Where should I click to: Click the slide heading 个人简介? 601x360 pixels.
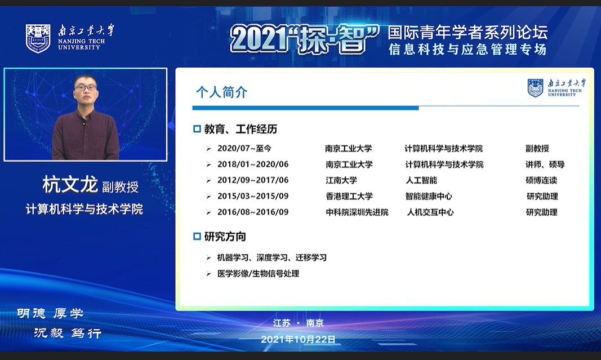point(221,92)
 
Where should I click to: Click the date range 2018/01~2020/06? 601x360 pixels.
point(253,165)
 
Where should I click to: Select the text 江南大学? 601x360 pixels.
point(341,180)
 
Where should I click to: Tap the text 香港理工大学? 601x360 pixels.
point(349,196)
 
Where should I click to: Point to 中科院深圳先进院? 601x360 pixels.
point(357,212)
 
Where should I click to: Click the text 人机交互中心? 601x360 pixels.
point(430,212)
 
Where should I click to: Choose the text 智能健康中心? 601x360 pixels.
point(429,196)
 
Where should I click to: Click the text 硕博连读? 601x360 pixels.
point(541,180)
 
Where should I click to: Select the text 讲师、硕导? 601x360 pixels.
point(545,165)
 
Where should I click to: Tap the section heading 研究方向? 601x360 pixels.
point(225,237)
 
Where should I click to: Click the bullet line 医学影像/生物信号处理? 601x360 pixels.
point(259,274)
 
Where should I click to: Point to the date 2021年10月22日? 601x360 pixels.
point(298,339)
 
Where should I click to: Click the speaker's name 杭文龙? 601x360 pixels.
point(70,185)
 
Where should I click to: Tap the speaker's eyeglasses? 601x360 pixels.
point(86,88)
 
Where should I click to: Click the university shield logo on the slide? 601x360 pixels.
point(536,88)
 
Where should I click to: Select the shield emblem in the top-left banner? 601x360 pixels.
point(38,38)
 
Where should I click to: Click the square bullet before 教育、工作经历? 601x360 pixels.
point(197,129)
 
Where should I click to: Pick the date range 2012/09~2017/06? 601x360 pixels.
point(253,180)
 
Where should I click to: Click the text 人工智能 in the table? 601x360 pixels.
point(421,180)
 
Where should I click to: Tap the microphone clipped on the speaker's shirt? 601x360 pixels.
point(84,123)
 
